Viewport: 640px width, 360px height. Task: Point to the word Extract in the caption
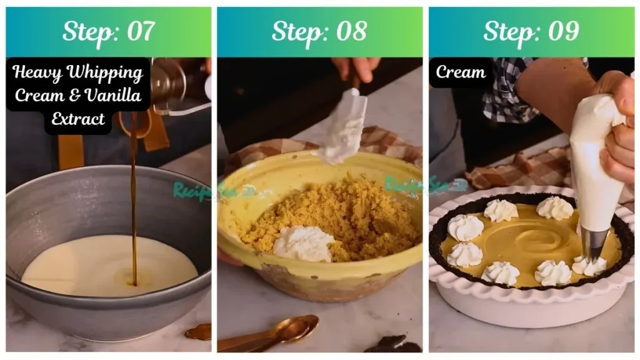(78, 119)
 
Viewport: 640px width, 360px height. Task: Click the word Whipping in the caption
(104, 73)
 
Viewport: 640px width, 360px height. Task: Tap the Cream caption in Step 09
(461, 72)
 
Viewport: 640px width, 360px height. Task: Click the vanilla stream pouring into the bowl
(133, 206)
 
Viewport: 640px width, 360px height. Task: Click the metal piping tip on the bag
(594, 244)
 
